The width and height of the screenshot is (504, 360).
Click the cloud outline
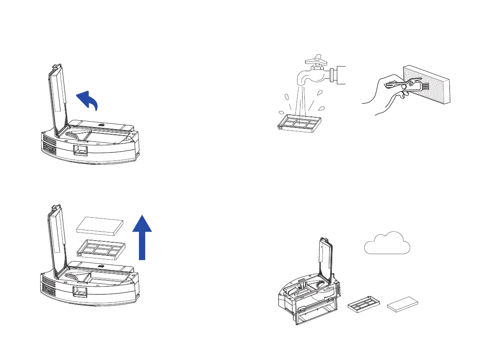(387, 244)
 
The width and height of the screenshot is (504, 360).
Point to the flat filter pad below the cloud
(404, 304)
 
